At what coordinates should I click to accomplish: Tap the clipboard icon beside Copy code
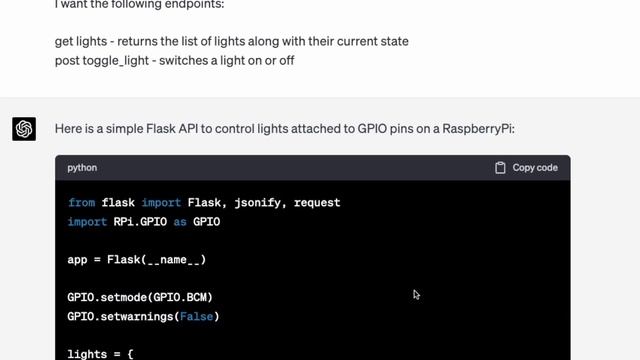coord(500,168)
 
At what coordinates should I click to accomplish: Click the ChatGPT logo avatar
coord(24,129)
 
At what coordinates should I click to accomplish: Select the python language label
coord(82,168)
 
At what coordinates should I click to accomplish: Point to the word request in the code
coord(315,203)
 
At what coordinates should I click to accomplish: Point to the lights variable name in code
coord(87,354)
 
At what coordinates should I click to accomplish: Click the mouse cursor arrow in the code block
coord(416,294)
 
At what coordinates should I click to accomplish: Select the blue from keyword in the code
coord(81,203)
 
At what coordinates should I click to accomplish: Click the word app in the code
coord(77,260)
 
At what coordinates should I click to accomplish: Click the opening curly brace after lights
coord(130,354)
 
